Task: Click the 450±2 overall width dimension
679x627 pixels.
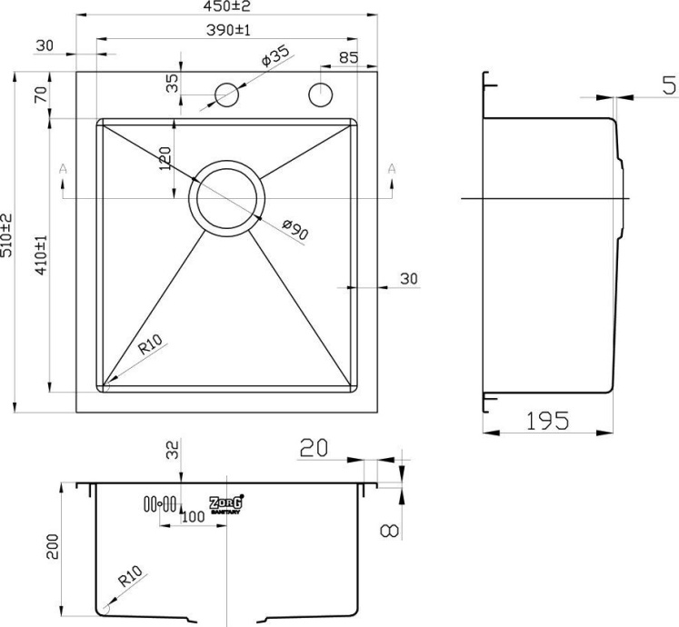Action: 225,7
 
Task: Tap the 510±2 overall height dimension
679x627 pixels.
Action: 7,234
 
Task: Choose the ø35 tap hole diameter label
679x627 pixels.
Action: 274,58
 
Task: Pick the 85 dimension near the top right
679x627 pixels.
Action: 347,57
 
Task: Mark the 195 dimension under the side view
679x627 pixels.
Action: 546,420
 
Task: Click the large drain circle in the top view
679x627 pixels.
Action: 227,198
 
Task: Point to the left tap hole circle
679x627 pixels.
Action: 225,95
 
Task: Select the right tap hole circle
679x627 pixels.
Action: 321,94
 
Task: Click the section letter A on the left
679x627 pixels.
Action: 62,169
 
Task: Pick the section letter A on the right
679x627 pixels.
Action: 392,168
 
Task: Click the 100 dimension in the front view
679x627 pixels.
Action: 191,517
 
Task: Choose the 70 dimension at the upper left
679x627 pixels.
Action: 39,95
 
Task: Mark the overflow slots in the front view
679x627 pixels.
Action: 157,503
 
